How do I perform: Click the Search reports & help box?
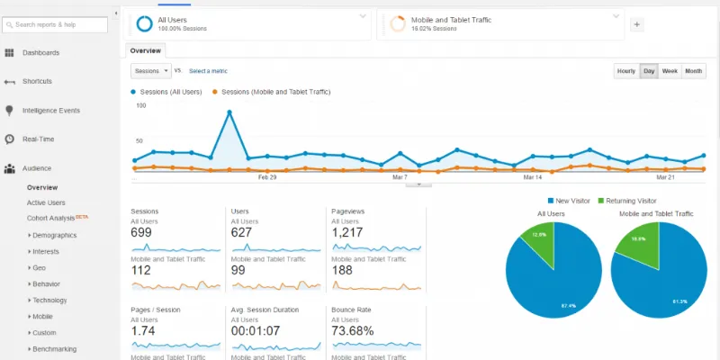point(61,24)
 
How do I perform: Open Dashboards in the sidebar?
point(40,53)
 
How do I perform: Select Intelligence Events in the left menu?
point(51,111)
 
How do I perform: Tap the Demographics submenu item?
point(54,235)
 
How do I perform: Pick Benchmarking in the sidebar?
point(54,348)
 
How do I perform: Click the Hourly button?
point(625,71)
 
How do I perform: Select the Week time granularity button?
point(670,71)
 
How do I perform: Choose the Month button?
point(693,71)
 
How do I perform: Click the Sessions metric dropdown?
point(150,70)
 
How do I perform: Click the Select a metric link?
point(207,70)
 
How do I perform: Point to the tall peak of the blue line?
point(229,112)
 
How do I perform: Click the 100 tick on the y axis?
point(140,105)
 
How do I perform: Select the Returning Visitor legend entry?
point(628,201)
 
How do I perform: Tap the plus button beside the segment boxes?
point(637,24)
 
